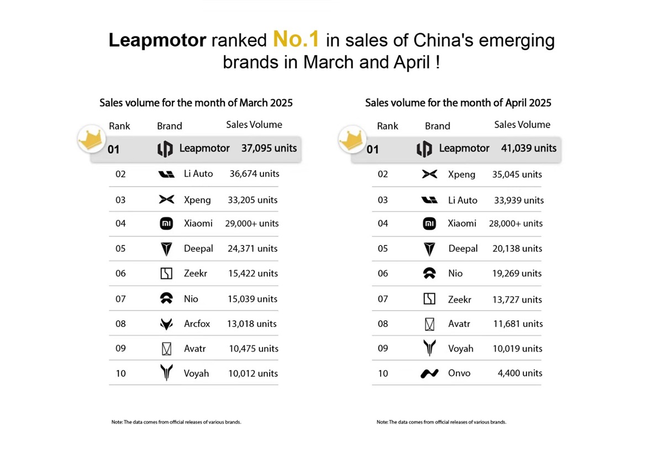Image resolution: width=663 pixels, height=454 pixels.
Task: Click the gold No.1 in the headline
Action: [296, 40]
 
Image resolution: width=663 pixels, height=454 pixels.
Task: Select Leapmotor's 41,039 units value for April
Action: [529, 148]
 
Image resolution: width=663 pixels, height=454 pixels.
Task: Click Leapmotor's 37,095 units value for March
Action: [269, 148]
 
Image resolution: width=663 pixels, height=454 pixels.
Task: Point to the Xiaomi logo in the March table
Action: [166, 224]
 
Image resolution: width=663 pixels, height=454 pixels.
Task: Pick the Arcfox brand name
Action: [197, 324]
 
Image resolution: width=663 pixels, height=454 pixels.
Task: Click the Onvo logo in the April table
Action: [429, 373]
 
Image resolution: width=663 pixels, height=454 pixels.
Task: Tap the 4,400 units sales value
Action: [520, 373]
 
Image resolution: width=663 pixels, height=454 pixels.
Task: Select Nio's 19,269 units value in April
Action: [517, 273]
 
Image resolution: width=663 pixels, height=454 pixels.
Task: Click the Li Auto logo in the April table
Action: [429, 200]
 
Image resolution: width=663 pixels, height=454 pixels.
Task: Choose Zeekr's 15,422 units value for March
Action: [252, 273]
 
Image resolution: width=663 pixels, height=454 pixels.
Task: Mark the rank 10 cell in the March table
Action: [120, 373]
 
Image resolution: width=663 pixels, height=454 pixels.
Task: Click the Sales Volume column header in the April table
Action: [522, 125]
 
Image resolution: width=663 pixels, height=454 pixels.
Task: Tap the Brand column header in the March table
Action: [170, 126]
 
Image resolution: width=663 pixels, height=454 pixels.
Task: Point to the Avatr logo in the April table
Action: [429, 324]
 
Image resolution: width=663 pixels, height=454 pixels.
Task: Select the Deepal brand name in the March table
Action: [198, 249]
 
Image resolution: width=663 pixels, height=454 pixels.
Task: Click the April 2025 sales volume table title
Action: [458, 103]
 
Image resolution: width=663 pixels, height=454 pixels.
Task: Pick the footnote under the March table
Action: [176, 422]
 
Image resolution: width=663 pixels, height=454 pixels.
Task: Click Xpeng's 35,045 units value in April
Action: [517, 175]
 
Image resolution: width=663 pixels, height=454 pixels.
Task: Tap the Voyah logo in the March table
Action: [166, 373]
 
